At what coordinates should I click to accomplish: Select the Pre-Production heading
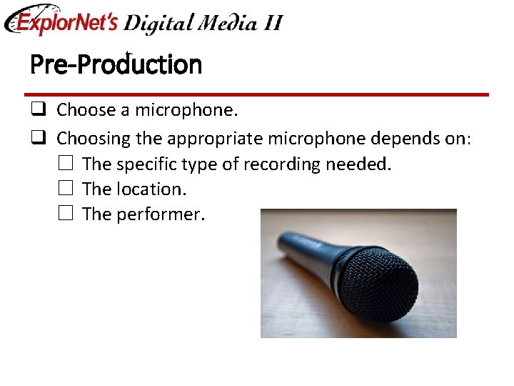click(x=116, y=65)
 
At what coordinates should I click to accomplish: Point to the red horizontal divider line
click(x=256, y=94)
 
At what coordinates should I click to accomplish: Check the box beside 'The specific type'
click(x=66, y=164)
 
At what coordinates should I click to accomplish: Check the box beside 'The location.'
click(x=66, y=189)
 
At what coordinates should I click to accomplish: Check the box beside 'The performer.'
click(x=66, y=214)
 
